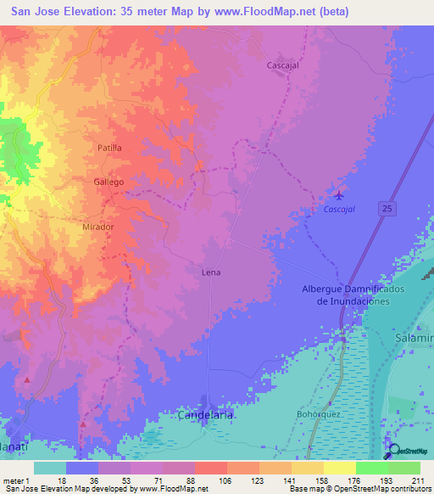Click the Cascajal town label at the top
(283, 65)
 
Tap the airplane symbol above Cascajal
(340, 194)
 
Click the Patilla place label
(109, 148)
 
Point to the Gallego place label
(109, 182)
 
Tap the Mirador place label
(98, 228)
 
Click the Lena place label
(211, 273)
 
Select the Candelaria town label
(204, 415)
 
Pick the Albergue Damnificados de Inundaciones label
(345, 295)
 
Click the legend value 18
(62, 480)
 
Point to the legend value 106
(225, 480)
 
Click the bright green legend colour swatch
(371, 468)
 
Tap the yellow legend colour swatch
(339, 468)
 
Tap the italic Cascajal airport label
(339, 209)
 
